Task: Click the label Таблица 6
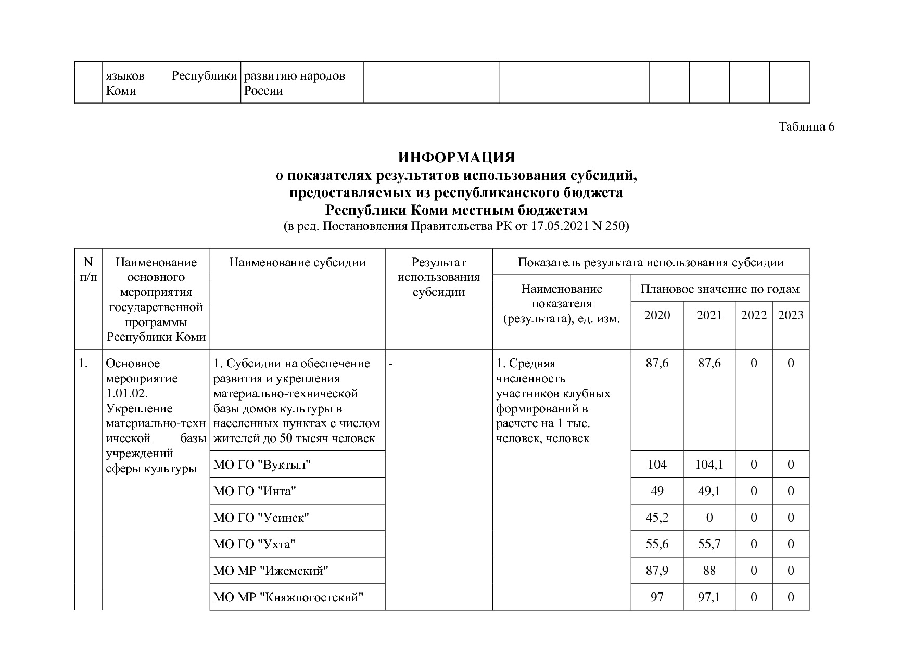pos(806,127)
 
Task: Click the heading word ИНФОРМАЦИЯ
pos(456,158)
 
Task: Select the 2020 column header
pos(657,315)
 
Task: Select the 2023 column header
pos(790,315)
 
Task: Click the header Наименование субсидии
pos(297,263)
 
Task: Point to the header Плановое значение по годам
pos(719,289)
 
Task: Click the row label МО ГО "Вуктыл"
pos(262,465)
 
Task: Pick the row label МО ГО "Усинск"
pos(261,518)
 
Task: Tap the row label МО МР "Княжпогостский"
pos(288,598)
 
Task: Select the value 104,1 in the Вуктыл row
pos(709,465)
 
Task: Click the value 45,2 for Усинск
pos(657,518)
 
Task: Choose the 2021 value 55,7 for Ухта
pos(709,545)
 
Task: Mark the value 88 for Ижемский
pos(709,571)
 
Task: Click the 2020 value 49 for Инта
pos(657,492)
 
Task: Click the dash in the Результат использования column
pos(390,364)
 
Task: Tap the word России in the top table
pos(264,91)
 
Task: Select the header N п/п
pos(88,269)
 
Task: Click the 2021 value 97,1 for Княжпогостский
pos(709,598)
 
